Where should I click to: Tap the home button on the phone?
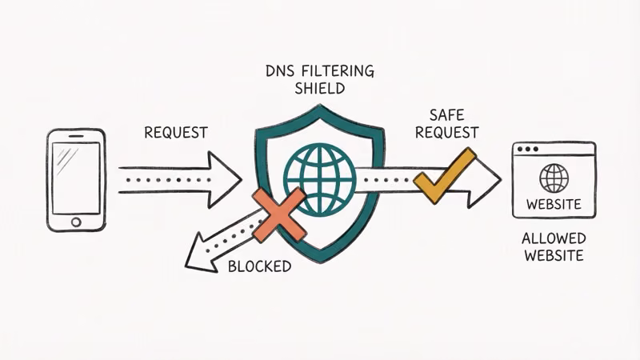76,221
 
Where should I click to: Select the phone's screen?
76,177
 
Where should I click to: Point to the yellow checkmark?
445,175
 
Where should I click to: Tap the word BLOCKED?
259,266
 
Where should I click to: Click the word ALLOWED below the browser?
554,238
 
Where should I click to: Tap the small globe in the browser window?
554,176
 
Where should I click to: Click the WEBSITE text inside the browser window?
554,204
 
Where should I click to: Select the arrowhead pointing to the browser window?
485,182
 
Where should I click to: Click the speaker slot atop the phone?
76,137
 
